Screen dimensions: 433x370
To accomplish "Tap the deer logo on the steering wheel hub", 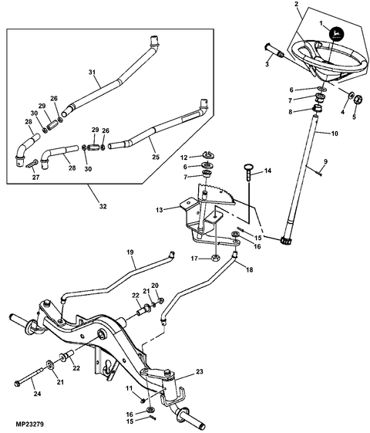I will coord(336,34).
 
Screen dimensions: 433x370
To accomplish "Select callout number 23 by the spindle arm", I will coord(199,371).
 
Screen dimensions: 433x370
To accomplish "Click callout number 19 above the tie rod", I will coord(129,252).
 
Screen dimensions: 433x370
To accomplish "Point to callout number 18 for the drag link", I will coord(248,270).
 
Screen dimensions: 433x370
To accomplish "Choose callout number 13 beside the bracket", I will coord(160,209).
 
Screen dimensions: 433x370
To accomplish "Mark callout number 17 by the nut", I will coord(196,259).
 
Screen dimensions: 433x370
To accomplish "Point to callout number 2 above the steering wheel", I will coord(297,5).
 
